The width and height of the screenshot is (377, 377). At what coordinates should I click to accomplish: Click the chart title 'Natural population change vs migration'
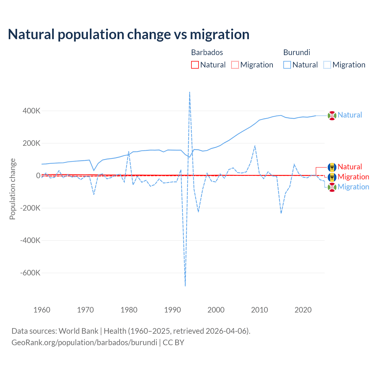[129, 34]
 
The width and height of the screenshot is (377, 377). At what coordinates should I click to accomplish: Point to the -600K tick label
[30, 273]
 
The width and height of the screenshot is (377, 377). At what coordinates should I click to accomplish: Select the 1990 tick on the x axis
[172, 310]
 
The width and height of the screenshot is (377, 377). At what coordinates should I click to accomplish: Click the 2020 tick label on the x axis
[303, 310]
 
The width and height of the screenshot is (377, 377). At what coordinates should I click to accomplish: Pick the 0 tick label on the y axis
[38, 176]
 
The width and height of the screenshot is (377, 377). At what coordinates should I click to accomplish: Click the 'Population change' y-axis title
[12, 189]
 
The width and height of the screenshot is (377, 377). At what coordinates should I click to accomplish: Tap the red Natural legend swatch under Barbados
[195, 65]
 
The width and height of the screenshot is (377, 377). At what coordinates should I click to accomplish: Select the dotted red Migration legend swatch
[235, 65]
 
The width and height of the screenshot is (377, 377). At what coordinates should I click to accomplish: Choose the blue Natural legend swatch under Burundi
[287, 65]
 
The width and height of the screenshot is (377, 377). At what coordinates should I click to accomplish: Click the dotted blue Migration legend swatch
[327, 65]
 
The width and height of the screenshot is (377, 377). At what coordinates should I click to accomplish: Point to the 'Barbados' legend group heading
[207, 52]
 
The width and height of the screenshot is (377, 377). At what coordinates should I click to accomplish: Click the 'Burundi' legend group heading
[297, 52]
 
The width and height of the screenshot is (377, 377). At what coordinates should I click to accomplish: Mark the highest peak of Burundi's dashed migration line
[189, 92]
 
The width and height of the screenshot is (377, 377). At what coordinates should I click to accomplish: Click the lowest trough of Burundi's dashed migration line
[185, 286]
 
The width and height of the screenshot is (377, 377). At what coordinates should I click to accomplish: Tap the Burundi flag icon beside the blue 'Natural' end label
[332, 115]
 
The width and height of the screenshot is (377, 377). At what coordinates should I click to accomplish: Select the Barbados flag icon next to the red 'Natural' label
[332, 167]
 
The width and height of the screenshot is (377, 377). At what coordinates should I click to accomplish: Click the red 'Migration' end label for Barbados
[353, 177]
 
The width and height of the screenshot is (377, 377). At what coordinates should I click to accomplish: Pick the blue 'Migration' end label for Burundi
[353, 187]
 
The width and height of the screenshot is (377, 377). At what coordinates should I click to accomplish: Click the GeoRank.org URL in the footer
[84, 343]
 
